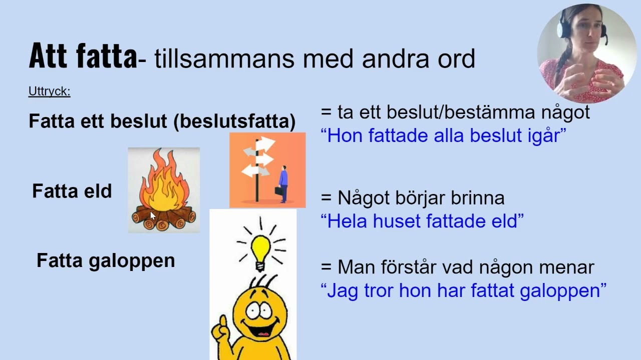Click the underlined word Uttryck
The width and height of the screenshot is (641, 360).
point(49,91)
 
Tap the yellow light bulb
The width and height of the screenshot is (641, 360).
point(260,249)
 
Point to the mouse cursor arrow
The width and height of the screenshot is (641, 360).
point(153,215)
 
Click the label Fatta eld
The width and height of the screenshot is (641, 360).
point(72,191)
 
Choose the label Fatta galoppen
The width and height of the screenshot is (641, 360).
point(106,260)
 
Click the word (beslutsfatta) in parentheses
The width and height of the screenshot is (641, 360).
point(234,121)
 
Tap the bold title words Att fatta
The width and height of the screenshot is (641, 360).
point(83,56)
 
